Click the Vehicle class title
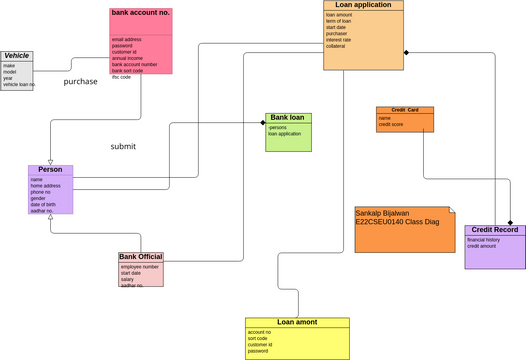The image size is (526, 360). coord(16,56)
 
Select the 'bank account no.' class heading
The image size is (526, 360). coord(141,13)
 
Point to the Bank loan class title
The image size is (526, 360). coord(289,117)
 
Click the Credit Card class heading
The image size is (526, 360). coord(405,109)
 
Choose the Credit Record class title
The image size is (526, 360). coord(494,230)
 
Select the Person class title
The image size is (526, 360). coord(50,170)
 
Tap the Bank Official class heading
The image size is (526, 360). coord(141,257)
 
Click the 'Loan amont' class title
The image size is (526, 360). coord(297,322)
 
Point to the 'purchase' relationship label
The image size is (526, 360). coord(81,82)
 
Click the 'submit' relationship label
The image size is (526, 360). coord(123,147)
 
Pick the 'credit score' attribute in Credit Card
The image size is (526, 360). coord(391,124)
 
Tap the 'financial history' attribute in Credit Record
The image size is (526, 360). coord(484,240)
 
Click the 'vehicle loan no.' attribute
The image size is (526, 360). coord(19,85)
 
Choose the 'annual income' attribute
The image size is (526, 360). coord(127,58)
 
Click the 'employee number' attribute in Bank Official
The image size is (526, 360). coord(140,267)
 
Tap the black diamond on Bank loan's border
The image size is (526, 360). coord(263,123)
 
